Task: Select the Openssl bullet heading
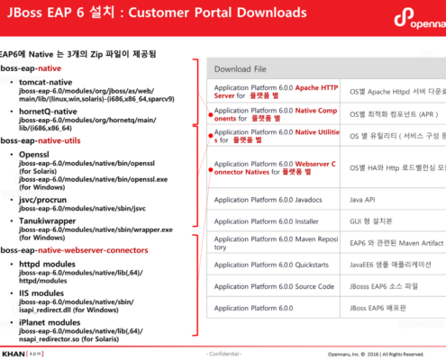[35, 156]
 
